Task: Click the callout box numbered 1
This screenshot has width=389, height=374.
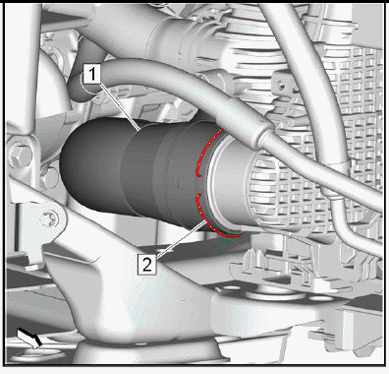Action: (x=92, y=74)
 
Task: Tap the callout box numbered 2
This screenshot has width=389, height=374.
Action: (x=147, y=264)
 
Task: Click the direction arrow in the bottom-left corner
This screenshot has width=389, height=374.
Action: (x=29, y=338)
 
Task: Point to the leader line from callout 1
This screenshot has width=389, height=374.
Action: (x=119, y=106)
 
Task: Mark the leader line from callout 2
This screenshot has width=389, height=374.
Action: (x=181, y=239)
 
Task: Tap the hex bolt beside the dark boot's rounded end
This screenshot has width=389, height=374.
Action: (x=49, y=178)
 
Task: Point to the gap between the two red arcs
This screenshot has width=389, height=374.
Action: (x=198, y=186)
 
